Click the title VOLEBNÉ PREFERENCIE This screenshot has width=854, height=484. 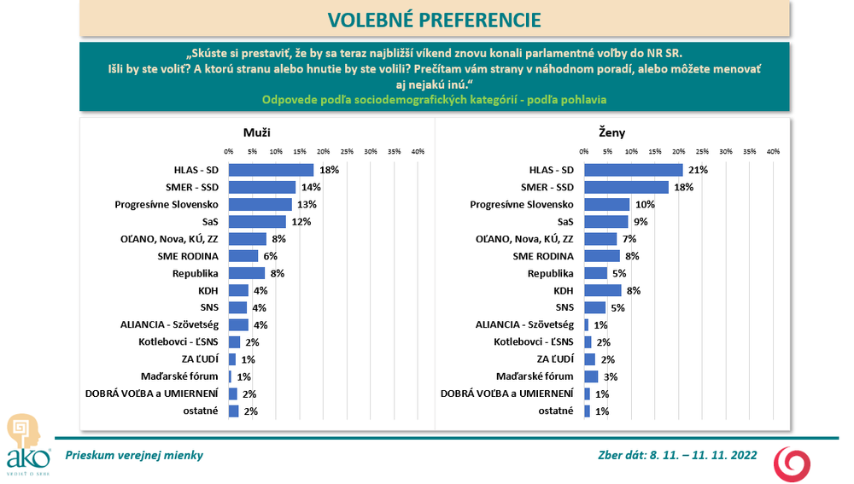click(434, 20)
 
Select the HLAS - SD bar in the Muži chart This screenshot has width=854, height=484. click(271, 170)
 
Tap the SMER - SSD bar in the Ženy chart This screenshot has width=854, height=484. click(627, 187)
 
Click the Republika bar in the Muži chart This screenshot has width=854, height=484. click(247, 273)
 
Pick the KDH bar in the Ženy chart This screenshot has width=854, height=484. click(603, 290)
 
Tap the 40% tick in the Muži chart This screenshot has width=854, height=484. click(418, 151)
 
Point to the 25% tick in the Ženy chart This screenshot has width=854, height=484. click(703, 151)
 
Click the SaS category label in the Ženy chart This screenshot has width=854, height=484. click(565, 222)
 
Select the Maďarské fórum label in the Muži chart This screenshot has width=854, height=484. click(179, 376)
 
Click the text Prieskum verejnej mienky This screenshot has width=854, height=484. click(129, 455)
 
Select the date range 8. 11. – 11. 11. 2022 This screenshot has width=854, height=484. click(702, 455)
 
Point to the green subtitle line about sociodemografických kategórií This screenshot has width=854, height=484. click(434, 99)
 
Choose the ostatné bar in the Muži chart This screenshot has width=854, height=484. click(233, 411)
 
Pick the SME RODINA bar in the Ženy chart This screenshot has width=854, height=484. click(602, 256)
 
